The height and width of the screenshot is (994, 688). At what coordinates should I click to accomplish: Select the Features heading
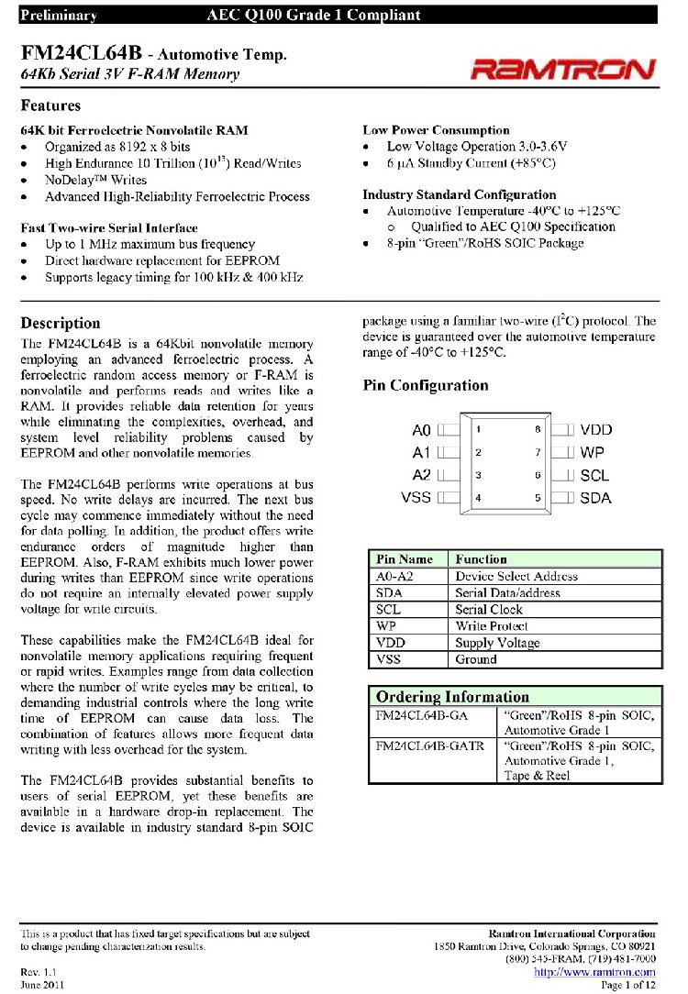[x=50, y=105]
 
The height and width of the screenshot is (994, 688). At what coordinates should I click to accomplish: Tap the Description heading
[x=61, y=323]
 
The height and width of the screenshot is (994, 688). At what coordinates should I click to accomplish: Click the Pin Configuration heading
[x=426, y=385]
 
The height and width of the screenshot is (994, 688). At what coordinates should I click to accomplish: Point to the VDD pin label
[x=596, y=429]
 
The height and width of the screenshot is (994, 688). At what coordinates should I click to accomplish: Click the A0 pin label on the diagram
[x=421, y=429]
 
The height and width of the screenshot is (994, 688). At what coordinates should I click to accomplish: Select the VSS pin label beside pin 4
[x=416, y=498]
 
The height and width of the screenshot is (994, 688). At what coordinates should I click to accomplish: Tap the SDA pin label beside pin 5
[x=596, y=498]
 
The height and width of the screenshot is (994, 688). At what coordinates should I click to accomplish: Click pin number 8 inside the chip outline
[x=538, y=429]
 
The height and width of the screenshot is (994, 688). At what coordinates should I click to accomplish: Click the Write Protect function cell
[x=492, y=625]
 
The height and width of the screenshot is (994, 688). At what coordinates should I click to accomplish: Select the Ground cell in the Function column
[x=476, y=659]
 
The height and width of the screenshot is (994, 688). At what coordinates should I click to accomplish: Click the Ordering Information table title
[x=452, y=697]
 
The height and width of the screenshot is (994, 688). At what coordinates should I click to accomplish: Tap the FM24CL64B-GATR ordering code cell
[x=430, y=746]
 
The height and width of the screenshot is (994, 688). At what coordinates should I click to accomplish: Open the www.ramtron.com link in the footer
[x=594, y=972]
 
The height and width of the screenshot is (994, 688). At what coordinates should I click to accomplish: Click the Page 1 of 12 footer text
[x=627, y=985]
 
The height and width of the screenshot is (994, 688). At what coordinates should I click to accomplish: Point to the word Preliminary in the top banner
[x=58, y=15]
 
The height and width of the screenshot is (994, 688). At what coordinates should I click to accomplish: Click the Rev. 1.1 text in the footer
[x=39, y=971]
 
